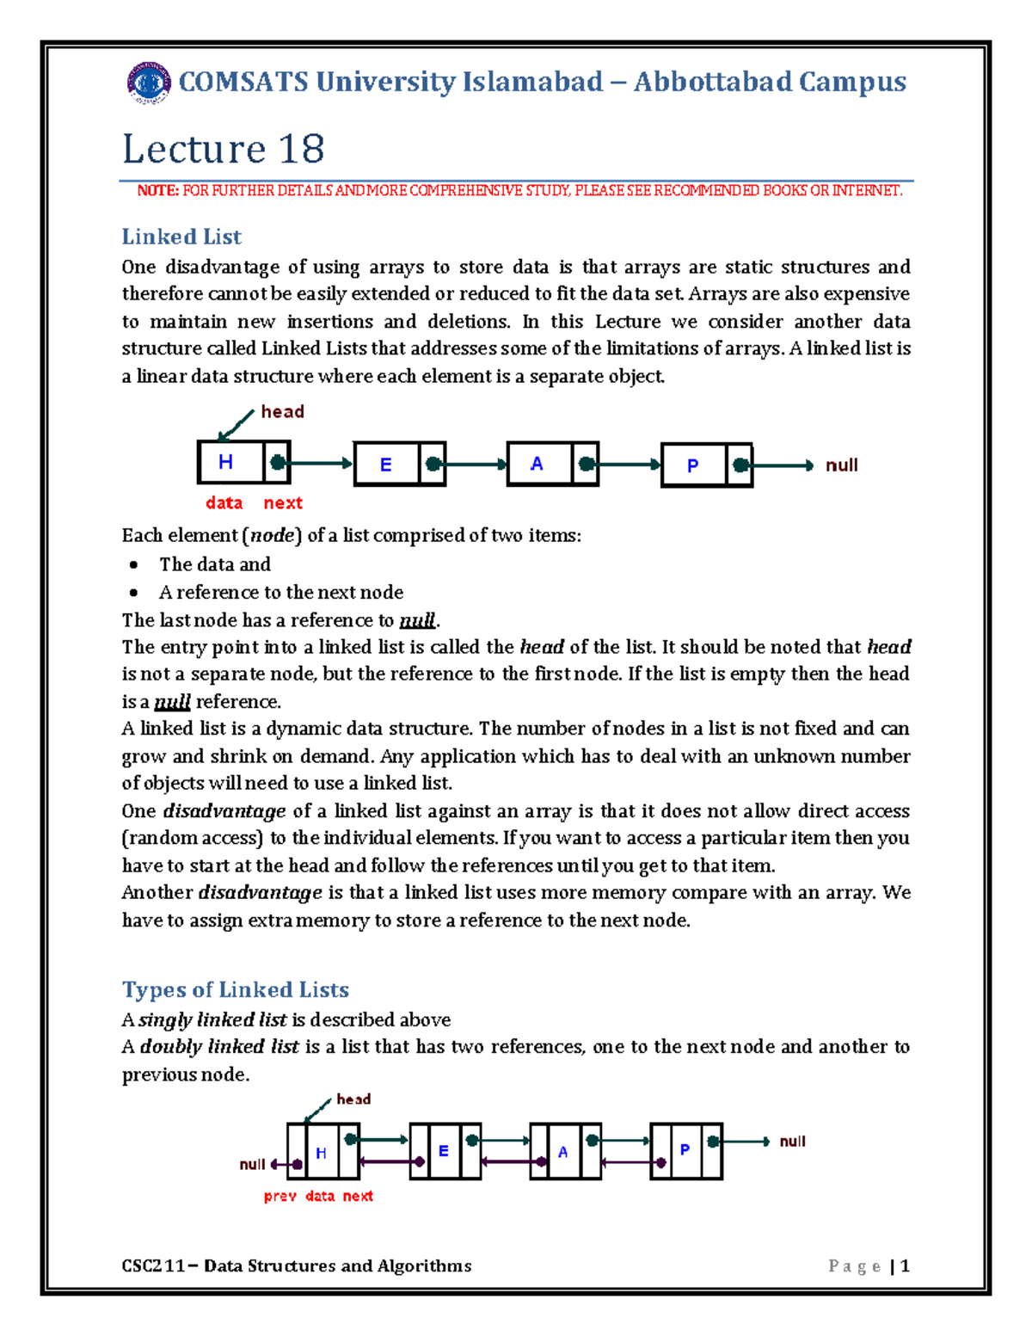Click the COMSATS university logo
point(149,83)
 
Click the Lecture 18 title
point(223,149)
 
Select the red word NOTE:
point(157,191)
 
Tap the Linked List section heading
point(181,237)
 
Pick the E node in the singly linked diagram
point(386,465)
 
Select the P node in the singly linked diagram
point(693,465)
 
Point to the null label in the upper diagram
point(841,465)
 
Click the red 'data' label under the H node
point(224,503)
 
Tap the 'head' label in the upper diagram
point(282,412)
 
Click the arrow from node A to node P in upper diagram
point(629,465)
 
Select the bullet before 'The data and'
point(133,565)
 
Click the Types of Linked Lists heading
point(235,989)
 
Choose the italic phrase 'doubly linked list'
point(219,1047)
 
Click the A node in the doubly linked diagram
point(563,1152)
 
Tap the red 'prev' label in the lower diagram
point(279,1197)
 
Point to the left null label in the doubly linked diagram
point(252,1165)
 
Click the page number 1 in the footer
point(904,1266)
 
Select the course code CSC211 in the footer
point(153,1266)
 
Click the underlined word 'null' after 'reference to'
point(418,620)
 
